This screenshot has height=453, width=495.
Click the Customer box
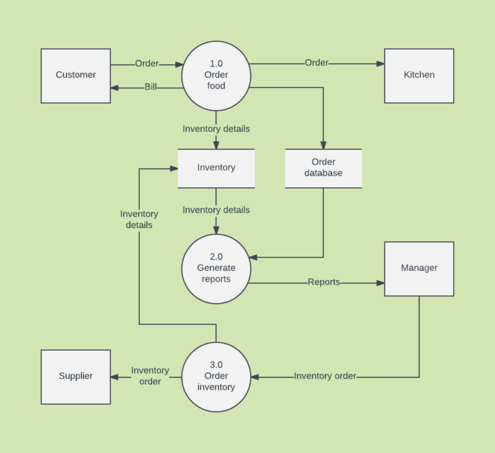tap(76, 75)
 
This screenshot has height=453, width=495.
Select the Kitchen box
tap(419, 75)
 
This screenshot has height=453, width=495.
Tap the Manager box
tap(419, 268)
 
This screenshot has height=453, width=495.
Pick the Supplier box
tap(76, 376)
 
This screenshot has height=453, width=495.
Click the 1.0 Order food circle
tap(216, 75)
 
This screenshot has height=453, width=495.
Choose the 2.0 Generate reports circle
tap(216, 268)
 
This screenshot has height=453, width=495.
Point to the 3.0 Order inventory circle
tap(216, 376)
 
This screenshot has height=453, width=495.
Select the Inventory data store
tap(216, 168)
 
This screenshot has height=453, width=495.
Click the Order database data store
tap(324, 168)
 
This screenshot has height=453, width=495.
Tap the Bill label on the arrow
tap(151, 87)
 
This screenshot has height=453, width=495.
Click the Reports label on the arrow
tap(324, 282)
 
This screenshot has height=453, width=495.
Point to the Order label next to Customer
tap(147, 64)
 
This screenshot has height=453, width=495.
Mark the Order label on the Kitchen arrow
tap(316, 63)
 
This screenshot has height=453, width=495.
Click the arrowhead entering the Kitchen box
tap(380, 64)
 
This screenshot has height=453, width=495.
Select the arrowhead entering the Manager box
tap(380, 282)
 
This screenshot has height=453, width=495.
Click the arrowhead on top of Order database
tap(324, 145)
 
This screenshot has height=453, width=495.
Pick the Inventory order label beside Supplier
tap(150, 376)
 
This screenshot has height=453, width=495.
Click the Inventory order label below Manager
tap(325, 376)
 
